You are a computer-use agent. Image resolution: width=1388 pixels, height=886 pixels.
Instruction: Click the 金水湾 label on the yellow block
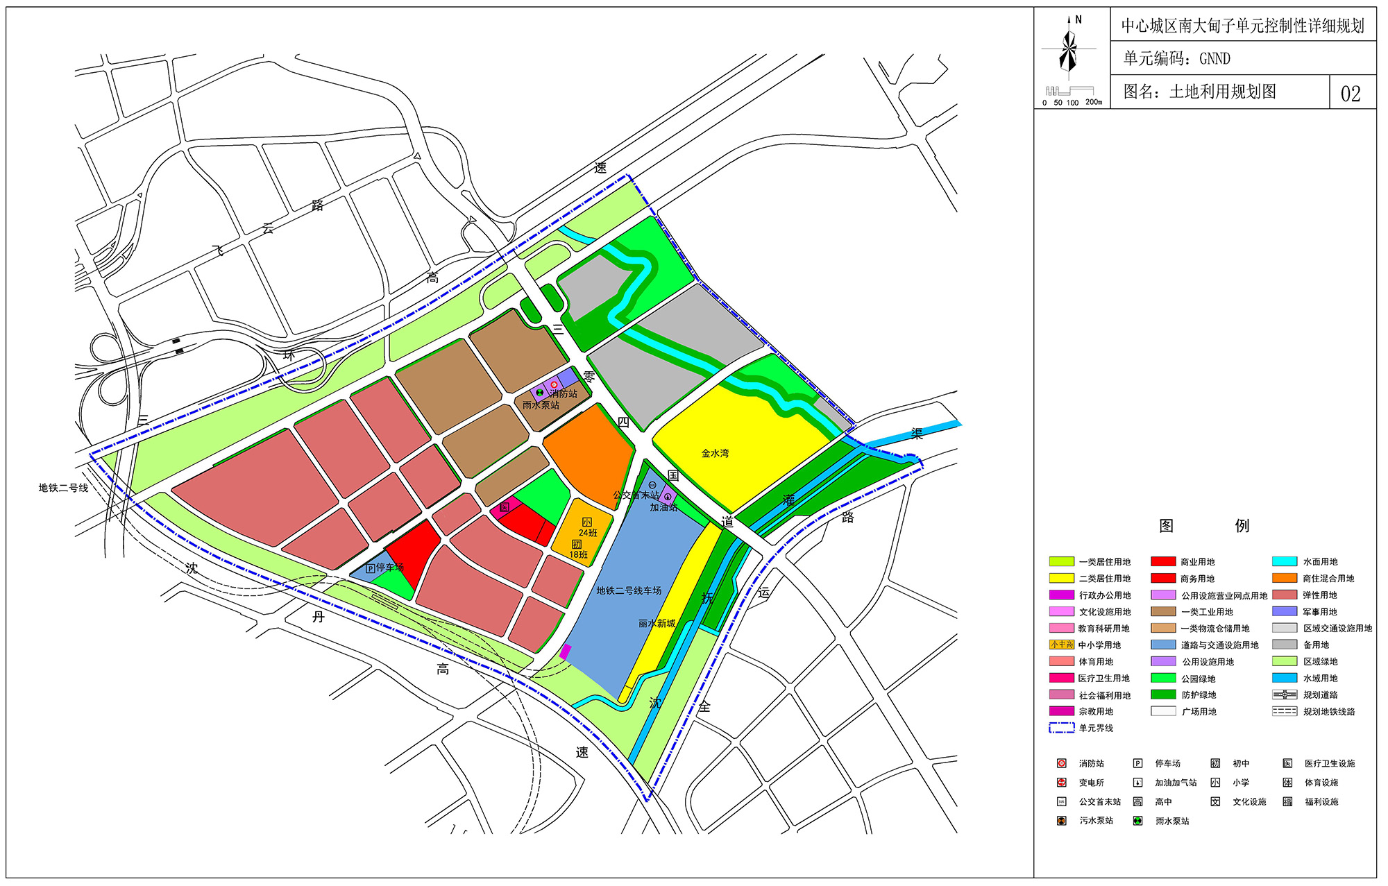click(x=715, y=453)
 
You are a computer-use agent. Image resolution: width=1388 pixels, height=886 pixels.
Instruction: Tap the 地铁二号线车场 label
click(x=629, y=590)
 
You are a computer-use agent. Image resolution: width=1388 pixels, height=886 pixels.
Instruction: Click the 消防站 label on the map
click(x=564, y=393)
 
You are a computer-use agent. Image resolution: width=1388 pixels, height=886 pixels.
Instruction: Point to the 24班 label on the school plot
click(x=588, y=533)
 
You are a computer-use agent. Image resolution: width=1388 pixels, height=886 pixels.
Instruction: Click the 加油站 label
click(x=663, y=507)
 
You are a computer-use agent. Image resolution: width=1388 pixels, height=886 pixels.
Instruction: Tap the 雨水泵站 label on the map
click(x=541, y=405)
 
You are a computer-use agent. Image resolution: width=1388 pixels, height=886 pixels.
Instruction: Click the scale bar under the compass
click(x=1069, y=92)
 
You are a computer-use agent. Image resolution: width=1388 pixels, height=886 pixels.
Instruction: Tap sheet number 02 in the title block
click(x=1351, y=94)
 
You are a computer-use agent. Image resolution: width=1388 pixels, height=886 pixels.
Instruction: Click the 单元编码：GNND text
click(x=1176, y=59)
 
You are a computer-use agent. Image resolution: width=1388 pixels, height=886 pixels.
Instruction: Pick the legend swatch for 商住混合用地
click(x=1284, y=578)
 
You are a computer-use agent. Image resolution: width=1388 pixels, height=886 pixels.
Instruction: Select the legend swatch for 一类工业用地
click(x=1163, y=611)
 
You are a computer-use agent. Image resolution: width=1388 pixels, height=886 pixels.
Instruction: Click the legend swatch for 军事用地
click(x=1284, y=611)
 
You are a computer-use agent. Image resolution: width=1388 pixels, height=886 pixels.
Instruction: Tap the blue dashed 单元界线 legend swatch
click(x=1061, y=728)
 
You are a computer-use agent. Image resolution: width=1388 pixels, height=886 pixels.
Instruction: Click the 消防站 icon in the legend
click(x=1061, y=763)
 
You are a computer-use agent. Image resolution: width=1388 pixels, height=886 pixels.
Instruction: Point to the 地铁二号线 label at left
click(x=63, y=488)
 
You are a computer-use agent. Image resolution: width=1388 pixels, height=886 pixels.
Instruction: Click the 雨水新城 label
click(x=657, y=623)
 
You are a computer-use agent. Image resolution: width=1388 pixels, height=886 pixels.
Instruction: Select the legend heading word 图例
click(x=1203, y=525)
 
